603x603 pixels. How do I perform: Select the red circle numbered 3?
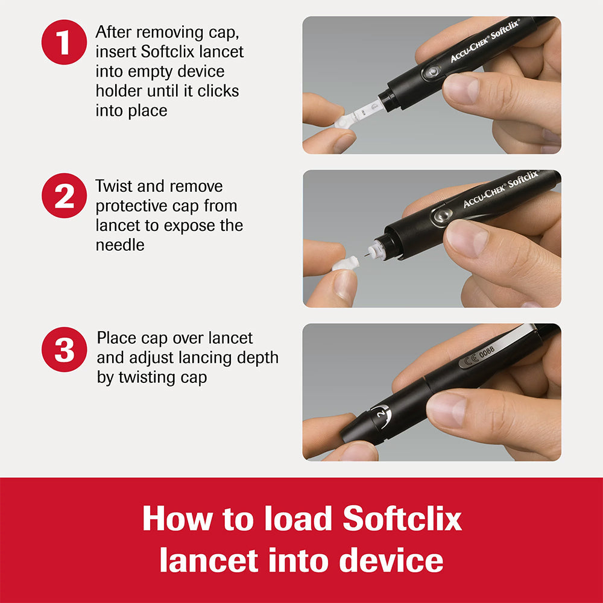65,349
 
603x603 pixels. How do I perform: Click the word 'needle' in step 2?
120,245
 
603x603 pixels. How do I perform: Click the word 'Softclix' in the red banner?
402,519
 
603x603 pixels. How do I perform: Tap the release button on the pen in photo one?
430,73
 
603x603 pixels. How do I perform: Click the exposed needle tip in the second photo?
365,256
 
